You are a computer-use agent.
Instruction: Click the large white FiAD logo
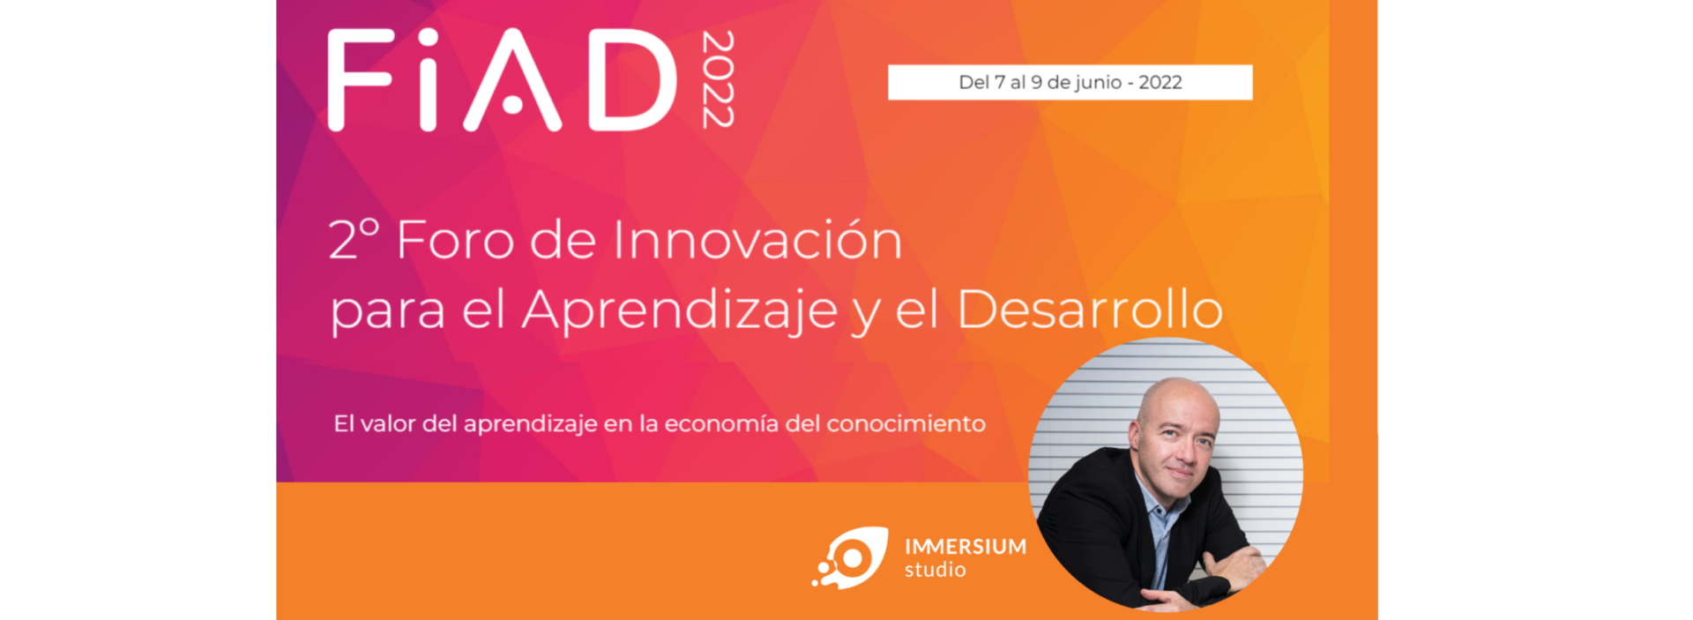click(x=503, y=80)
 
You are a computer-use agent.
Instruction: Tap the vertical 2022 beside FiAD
click(x=718, y=79)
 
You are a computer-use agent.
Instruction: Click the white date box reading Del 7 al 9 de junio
click(x=1070, y=82)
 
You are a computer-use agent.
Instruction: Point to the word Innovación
click(x=757, y=240)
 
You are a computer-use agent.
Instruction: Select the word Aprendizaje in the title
click(x=680, y=310)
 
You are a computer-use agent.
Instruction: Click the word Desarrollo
click(x=1090, y=310)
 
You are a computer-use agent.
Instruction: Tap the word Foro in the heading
click(x=455, y=240)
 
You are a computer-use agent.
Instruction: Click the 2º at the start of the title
click(x=354, y=239)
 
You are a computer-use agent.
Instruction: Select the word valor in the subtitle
click(x=388, y=424)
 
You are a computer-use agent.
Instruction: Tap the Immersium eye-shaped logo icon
click(x=850, y=558)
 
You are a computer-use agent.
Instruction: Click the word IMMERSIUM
click(x=966, y=547)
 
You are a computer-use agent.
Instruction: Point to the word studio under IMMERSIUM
click(x=936, y=571)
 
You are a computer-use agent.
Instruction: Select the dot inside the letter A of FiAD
click(x=512, y=104)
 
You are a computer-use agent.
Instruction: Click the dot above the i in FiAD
click(x=428, y=38)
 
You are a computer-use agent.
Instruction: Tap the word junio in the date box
click(x=1099, y=83)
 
